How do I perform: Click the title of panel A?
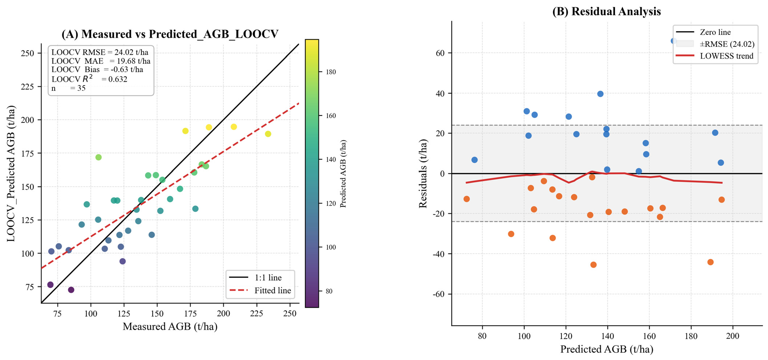pyautogui.click(x=170, y=34)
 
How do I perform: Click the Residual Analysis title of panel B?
pyautogui.click(x=606, y=11)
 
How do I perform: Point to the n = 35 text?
pyautogui.click(x=68, y=88)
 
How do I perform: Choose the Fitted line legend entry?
pyautogui.click(x=260, y=290)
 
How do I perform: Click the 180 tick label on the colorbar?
pyautogui.click(x=331, y=72)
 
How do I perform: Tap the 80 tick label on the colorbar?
pyautogui.click(x=329, y=291)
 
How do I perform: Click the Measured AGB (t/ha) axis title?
pyautogui.click(x=170, y=326)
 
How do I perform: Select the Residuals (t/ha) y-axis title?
pyautogui.click(x=423, y=173)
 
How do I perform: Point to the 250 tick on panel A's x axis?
pyautogui.click(x=290, y=314)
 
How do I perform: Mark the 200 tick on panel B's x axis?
pyautogui.click(x=732, y=336)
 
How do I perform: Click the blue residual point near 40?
pyautogui.click(x=600, y=94)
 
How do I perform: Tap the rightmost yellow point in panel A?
pyautogui.click(x=268, y=134)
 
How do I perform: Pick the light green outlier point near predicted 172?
pyautogui.click(x=98, y=157)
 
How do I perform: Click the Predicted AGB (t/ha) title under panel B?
pyautogui.click(x=607, y=349)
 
